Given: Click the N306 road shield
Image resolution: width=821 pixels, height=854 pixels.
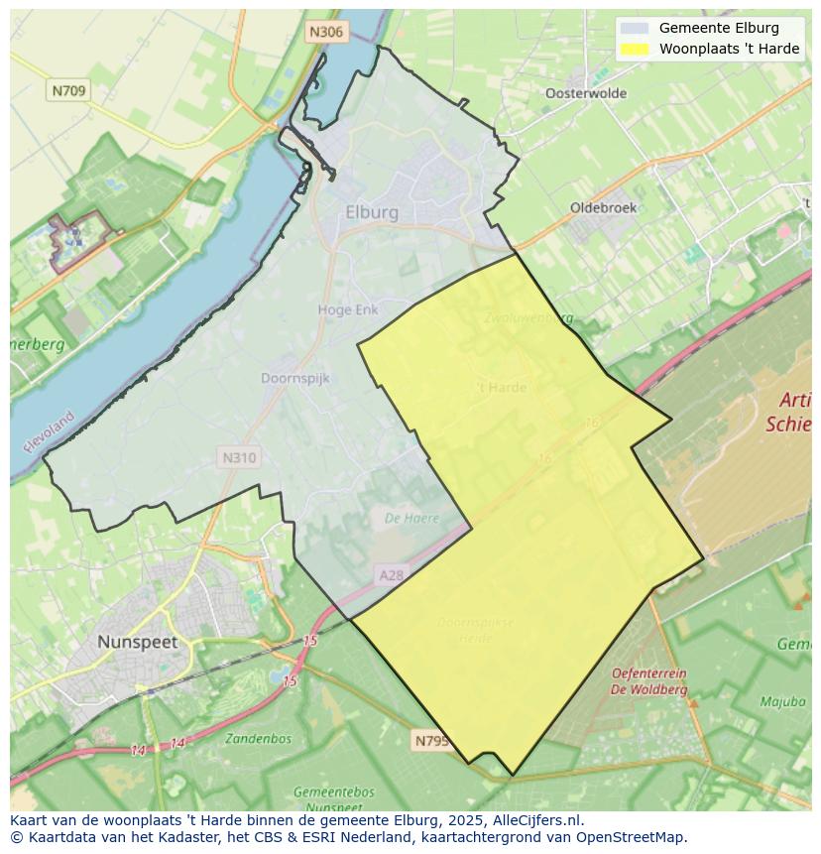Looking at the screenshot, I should (325, 32).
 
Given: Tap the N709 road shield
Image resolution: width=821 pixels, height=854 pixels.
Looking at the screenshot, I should (68, 90).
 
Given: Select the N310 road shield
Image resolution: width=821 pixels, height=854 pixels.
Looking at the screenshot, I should (239, 457).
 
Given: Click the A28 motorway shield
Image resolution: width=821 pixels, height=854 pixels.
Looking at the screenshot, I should (392, 574).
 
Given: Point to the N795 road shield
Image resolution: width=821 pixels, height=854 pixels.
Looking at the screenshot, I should (431, 740).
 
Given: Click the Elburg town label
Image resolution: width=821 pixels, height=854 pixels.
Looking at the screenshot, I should (372, 212).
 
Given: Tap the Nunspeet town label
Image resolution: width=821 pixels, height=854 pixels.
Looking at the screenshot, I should (137, 642).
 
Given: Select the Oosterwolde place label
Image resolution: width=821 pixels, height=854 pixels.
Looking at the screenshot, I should (586, 93).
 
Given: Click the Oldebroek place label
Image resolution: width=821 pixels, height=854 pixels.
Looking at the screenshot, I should (603, 207).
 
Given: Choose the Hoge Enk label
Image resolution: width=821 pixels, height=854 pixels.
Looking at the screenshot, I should (348, 309).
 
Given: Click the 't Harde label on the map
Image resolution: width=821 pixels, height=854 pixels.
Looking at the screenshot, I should (502, 387).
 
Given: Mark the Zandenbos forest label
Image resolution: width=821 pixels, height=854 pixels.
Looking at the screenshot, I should (258, 738).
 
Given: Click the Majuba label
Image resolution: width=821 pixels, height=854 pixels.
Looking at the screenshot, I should (782, 701).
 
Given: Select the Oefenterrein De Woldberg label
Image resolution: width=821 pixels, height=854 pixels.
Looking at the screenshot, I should (649, 681).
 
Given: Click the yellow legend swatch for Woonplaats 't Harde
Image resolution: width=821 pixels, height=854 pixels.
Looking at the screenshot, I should (635, 49).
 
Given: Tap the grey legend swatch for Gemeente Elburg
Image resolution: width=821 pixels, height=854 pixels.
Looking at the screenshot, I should (635, 28).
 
